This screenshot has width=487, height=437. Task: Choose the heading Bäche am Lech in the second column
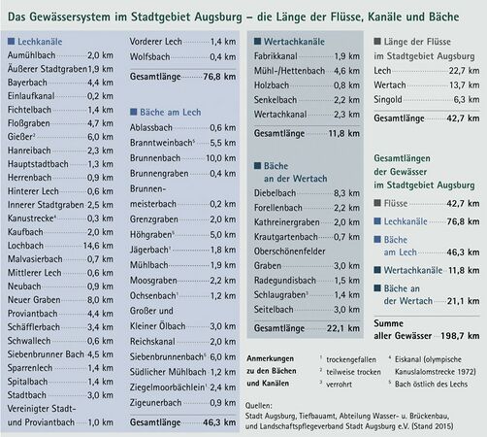click(x=172, y=114)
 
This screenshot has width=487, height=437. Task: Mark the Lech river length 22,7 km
click(x=461, y=72)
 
